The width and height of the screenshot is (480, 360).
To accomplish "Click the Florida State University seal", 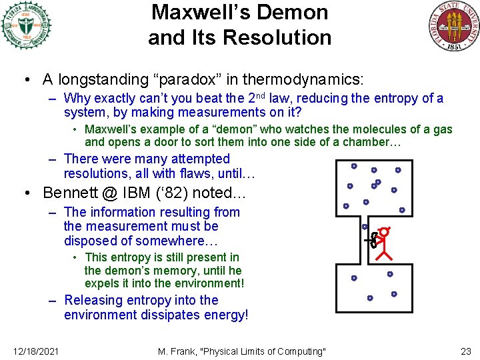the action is (453, 26).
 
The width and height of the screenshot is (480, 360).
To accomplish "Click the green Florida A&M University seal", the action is (26, 25).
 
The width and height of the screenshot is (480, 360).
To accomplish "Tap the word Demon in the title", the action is (297, 12).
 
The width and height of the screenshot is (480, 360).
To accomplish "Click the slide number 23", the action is (465, 351).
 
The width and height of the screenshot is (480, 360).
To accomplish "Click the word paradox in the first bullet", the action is (194, 80).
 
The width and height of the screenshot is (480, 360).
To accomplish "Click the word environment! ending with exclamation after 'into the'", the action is (209, 283).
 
